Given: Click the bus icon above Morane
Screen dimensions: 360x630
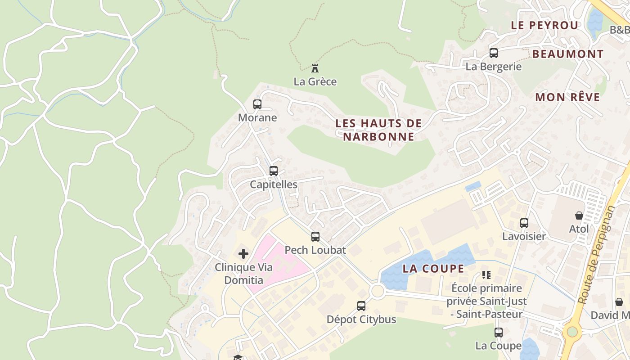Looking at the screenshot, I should [257, 104].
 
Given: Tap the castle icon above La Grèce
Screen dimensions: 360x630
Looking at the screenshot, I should [315, 68].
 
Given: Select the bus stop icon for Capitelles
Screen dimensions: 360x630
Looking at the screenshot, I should [273, 171].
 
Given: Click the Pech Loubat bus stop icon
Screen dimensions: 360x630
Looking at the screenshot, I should [315, 237].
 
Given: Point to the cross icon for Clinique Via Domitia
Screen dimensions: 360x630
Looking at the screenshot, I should [243, 254].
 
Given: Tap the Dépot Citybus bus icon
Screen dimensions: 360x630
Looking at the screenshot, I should [361, 306].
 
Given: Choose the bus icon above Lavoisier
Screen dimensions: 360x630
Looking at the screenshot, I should [524, 223].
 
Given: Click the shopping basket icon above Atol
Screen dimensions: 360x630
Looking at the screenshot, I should [579, 216].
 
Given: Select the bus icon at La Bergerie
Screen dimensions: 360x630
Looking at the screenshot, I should [494, 53].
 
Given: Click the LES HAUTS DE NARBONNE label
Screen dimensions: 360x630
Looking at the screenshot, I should [378, 130].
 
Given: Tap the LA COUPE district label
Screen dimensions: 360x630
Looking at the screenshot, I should [433, 269].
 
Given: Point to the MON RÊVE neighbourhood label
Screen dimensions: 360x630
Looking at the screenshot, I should [567, 97].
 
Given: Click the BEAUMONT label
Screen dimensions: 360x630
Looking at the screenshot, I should [567, 54].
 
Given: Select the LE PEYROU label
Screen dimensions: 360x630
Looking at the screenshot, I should [544, 25].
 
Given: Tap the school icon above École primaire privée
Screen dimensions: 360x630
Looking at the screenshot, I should [486, 274].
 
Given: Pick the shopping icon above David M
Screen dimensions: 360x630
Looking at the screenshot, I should [619, 302].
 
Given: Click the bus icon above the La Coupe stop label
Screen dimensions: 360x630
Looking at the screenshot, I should [498, 333].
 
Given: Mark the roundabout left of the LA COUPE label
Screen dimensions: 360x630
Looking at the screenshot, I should [377, 291].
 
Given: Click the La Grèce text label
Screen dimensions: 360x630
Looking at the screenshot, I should [315, 82].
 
